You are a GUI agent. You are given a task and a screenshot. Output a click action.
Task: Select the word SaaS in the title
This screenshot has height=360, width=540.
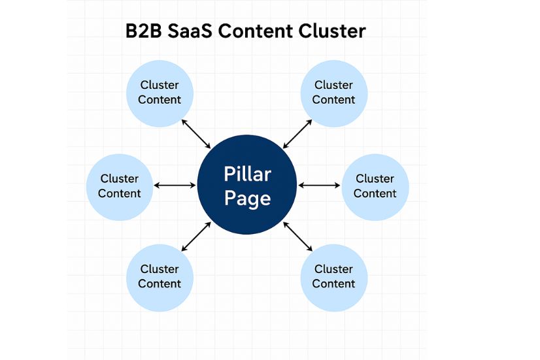click(195, 31)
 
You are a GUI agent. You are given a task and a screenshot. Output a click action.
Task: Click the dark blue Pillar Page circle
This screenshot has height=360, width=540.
click(247, 186)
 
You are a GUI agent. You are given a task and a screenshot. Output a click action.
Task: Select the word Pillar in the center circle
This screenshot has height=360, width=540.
click(247, 174)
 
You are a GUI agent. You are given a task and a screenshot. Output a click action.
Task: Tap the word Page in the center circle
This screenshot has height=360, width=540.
click(247, 198)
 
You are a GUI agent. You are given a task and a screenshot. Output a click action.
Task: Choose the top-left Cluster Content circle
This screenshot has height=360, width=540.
click(159, 93)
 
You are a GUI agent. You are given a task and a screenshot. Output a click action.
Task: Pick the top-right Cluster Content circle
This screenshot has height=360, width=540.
click(333, 93)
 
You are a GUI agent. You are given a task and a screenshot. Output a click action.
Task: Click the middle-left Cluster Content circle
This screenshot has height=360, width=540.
click(120, 186)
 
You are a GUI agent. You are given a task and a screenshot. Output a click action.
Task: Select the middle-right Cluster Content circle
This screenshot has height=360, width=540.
click(375, 186)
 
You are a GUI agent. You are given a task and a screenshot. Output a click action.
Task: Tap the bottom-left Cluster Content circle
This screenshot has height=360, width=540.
click(159, 277)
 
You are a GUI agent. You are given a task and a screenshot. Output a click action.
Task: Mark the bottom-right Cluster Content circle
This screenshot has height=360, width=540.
click(333, 277)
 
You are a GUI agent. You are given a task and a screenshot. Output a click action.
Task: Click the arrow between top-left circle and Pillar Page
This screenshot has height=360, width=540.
click(196, 134)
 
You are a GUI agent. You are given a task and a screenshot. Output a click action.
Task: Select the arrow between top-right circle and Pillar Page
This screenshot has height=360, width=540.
click(297, 133)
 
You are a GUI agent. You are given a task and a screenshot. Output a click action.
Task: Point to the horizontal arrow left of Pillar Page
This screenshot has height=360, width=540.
click(175, 186)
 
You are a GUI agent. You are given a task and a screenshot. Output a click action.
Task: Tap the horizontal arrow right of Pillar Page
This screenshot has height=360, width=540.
click(319, 186)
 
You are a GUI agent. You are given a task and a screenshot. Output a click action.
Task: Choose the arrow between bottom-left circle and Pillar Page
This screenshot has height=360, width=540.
click(196, 237)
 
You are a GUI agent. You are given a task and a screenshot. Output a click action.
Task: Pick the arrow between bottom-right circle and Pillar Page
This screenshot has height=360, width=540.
click(297, 237)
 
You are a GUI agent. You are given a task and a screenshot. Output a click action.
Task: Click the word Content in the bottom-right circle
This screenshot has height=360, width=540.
click(333, 284)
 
